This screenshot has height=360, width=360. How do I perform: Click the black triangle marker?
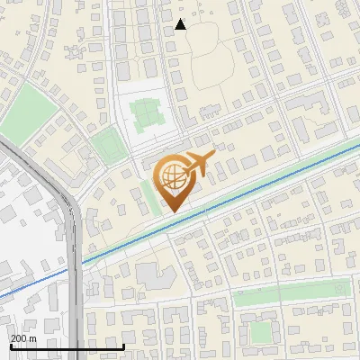181,24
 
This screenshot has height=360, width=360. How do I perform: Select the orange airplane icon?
199,164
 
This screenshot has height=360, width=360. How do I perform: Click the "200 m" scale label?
23,338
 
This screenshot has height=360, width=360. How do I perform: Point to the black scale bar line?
67,346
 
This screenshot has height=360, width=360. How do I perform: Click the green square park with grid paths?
146,114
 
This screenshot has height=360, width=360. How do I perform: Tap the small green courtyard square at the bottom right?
261,332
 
